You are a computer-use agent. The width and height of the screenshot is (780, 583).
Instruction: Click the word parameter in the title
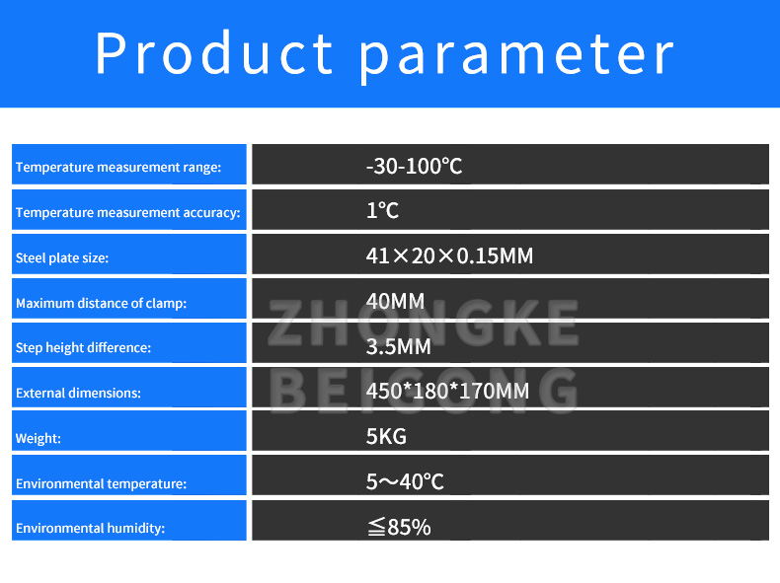(x=517, y=54)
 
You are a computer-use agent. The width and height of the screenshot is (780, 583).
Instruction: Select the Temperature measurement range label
(x=117, y=168)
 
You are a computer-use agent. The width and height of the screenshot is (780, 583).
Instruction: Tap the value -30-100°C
(x=414, y=166)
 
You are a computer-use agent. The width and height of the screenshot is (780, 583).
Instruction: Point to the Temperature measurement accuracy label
(x=127, y=213)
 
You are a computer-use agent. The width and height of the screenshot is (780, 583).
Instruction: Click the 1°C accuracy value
(x=382, y=211)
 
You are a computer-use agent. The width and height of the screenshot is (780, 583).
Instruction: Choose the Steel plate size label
(x=62, y=258)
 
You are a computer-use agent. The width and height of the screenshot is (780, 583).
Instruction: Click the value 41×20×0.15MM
(x=449, y=256)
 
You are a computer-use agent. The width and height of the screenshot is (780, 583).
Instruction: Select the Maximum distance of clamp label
(x=101, y=304)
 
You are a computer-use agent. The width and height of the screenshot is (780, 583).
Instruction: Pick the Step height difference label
(x=83, y=348)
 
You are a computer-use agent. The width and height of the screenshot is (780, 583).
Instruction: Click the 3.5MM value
(x=398, y=346)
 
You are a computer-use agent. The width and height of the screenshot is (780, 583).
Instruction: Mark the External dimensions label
(x=78, y=393)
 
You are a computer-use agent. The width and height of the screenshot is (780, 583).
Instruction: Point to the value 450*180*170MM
(x=447, y=391)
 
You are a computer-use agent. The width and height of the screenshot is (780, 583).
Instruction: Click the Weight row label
(x=39, y=439)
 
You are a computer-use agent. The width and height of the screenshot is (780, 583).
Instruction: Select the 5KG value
(x=386, y=436)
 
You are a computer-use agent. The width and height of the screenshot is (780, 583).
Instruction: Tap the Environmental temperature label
(x=101, y=484)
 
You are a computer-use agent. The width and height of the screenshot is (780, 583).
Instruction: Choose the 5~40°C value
(x=405, y=481)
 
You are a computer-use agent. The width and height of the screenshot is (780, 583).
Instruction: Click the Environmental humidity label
(x=90, y=529)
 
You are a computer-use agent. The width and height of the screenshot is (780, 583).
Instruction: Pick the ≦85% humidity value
(x=398, y=528)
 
